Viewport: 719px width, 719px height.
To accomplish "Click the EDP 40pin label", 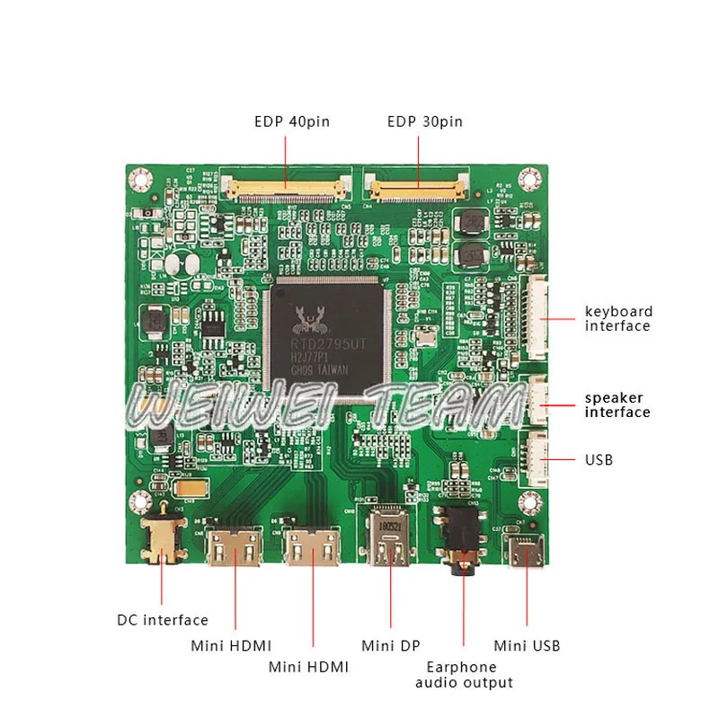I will [291, 121].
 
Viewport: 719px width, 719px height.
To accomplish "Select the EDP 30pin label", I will [424, 121].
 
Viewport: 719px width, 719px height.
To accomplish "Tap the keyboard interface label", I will [618, 319].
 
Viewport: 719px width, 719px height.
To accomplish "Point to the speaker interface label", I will [617, 405].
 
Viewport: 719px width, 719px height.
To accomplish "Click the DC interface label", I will [162, 620].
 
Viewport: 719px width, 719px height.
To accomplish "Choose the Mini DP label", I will [390, 645].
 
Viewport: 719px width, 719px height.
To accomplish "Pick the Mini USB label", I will [527, 645].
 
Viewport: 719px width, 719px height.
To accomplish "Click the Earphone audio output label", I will [464, 675].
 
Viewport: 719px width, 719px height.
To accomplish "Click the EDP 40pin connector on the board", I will [285, 190].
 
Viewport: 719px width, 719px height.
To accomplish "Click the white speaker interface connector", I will [537, 399].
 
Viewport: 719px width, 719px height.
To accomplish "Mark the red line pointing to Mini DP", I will [390, 593].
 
